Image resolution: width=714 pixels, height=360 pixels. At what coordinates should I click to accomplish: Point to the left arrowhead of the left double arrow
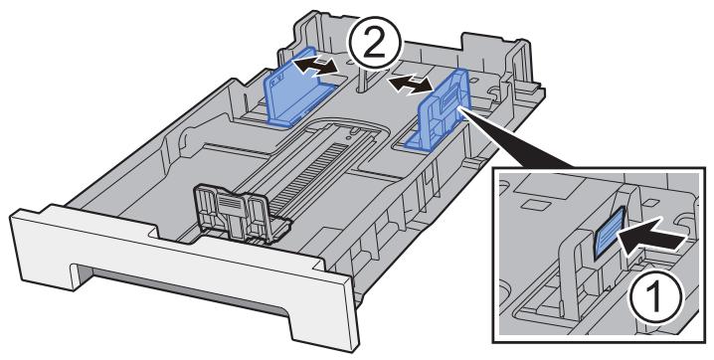click(301, 69)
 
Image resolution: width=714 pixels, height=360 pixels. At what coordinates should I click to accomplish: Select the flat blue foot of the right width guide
click(424, 143)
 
